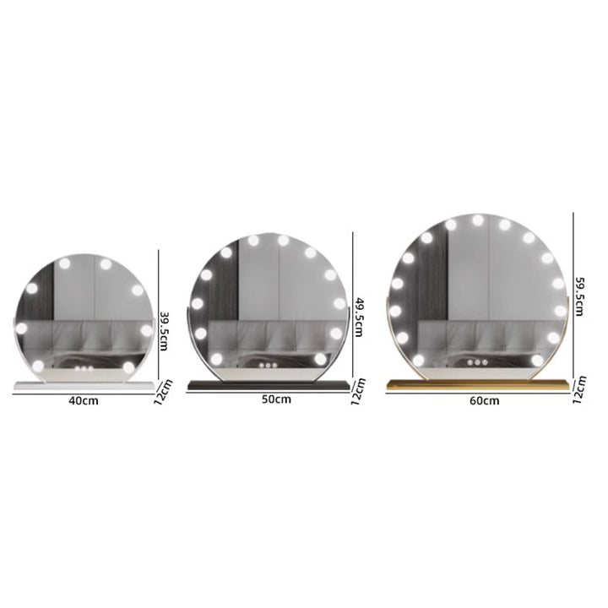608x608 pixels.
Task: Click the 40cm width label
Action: tap(84, 400)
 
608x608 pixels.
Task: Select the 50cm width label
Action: tap(276, 399)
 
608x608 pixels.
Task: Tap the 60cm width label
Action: tap(485, 400)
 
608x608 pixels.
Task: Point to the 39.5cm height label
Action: tap(164, 331)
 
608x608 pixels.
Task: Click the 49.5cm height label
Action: tap(358, 317)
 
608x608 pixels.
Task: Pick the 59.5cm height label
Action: tap(578, 296)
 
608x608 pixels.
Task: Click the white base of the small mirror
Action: tap(84, 385)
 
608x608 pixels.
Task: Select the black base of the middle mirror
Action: tap(269, 385)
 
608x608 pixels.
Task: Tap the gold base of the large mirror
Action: tap(478, 384)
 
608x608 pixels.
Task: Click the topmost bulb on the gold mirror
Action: tap(478, 220)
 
